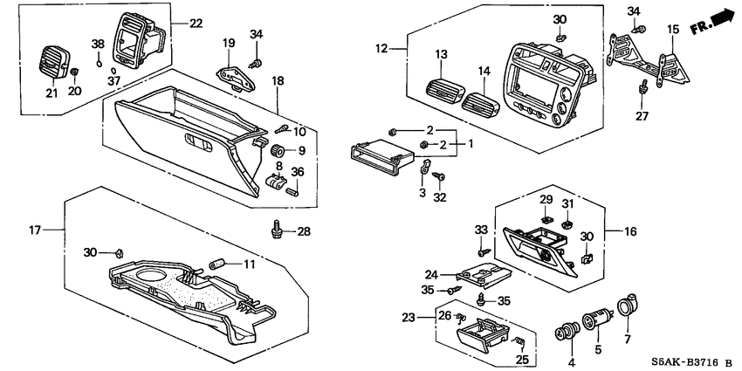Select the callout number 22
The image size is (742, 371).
(x=195, y=23)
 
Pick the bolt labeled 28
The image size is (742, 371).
(x=276, y=230)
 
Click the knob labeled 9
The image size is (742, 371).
(x=280, y=149)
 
